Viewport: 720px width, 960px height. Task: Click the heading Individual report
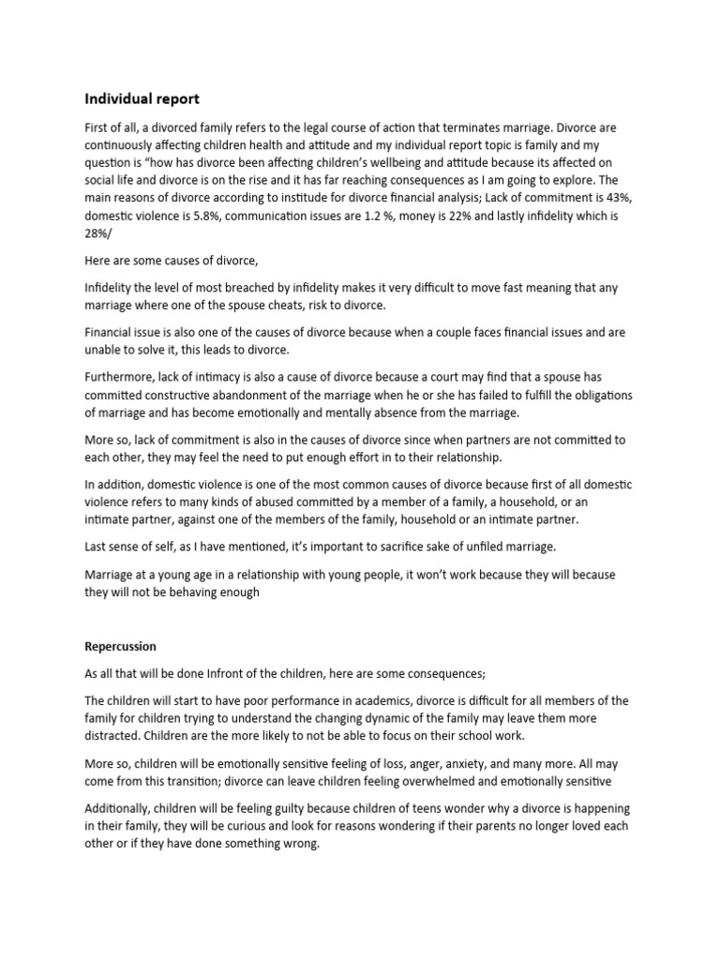142,98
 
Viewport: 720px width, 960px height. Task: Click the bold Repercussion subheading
120,647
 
